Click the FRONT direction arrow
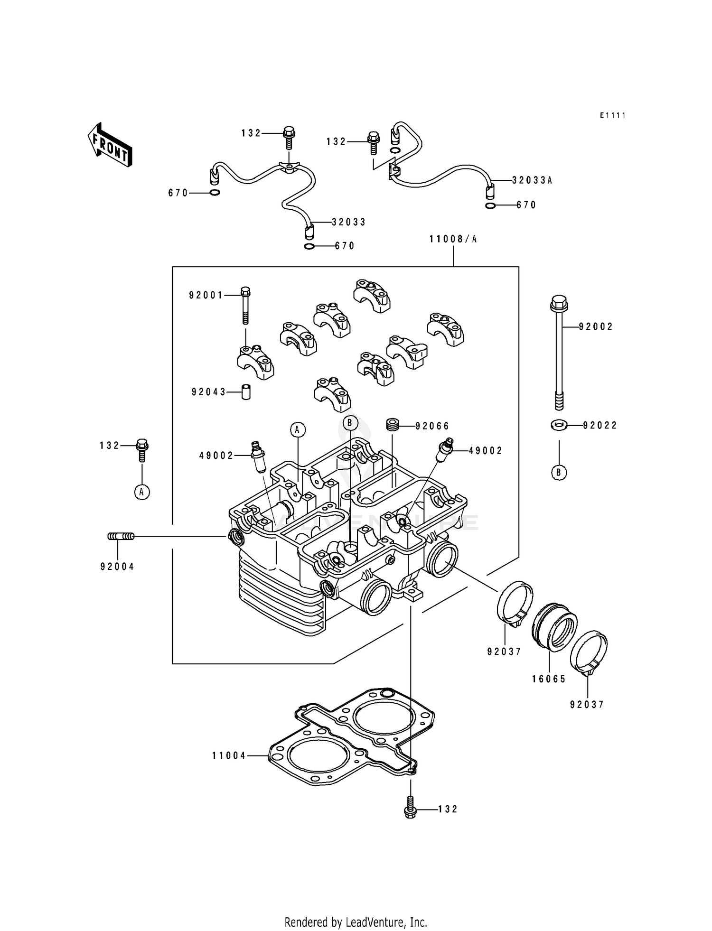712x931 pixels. (110, 144)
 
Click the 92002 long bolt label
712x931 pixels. (596, 326)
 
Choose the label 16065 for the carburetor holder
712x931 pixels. (549, 679)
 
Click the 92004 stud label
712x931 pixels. (117, 567)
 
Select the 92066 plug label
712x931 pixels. (432, 426)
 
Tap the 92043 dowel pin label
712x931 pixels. (208, 392)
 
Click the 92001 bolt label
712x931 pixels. (206, 295)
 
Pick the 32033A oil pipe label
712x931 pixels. (532, 180)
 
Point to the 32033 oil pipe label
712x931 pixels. (348, 222)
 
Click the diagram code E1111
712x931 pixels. (612, 115)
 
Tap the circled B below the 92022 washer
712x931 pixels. (559, 472)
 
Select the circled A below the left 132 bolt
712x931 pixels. (141, 492)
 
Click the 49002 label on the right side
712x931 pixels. (485, 451)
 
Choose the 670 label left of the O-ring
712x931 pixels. (178, 193)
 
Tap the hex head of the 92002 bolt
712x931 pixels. (559, 302)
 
